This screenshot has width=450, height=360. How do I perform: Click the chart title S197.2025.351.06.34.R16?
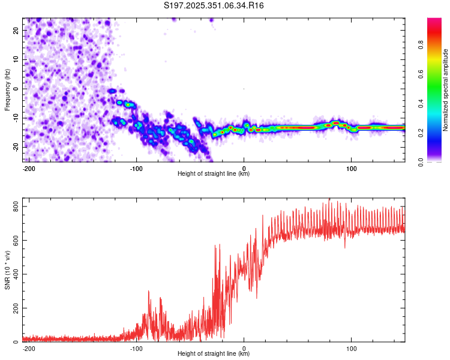point(214,5)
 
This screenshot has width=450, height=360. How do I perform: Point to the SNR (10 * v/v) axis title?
point(7,270)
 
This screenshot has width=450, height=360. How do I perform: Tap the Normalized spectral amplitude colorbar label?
point(446,90)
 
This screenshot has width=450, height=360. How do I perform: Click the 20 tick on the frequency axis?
point(17,30)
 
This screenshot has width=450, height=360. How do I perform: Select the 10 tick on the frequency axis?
point(17,59)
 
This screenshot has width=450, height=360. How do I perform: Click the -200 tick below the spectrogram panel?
point(28,167)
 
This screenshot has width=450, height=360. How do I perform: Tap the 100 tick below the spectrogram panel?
point(352,167)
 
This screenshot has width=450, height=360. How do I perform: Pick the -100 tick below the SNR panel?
point(136,347)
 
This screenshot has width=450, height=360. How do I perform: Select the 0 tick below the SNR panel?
point(244,347)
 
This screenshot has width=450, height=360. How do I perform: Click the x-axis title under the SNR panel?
point(214,354)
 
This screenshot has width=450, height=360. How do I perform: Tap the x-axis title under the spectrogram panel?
point(214,174)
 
